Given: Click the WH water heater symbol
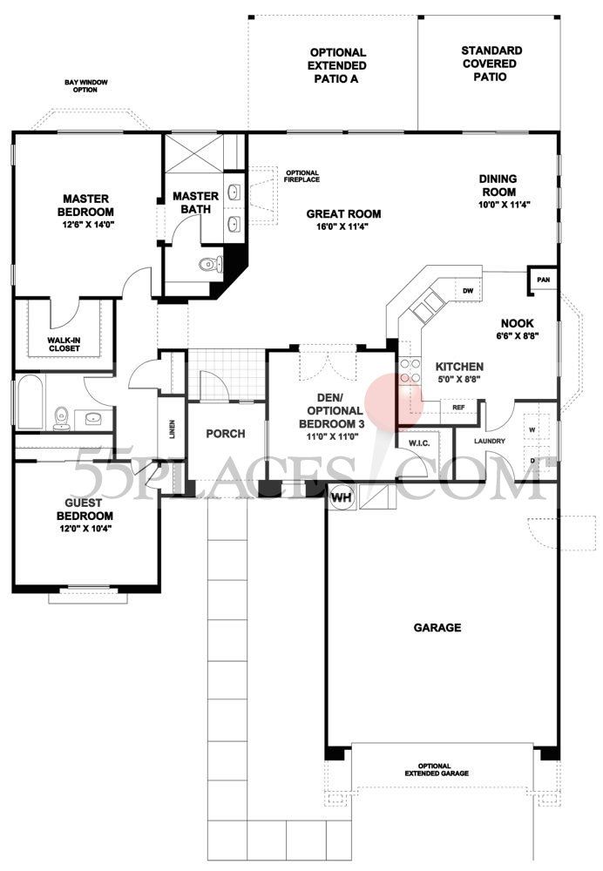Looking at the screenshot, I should coord(340,499).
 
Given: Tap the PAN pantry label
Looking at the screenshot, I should coord(543,280).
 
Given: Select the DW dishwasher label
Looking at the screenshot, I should coord(468,291).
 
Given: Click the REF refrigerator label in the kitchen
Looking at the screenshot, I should coord(457,407).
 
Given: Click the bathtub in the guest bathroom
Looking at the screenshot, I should coord(30,402).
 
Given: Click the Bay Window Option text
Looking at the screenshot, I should coord(91,86).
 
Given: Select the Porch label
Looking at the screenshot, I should coord(225,434).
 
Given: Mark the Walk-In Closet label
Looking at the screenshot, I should coord(63,343).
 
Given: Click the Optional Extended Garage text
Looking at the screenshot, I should coord(437,769).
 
